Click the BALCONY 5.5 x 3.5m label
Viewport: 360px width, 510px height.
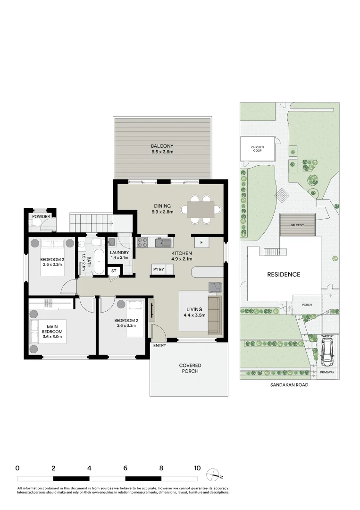[162, 149]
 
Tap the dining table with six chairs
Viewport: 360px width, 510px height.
[203, 209]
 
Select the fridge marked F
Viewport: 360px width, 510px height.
[201, 242]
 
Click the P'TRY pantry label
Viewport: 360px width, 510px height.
[157, 270]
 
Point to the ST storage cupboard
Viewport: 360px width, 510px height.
[114, 271]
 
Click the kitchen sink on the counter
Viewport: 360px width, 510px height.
[163, 243]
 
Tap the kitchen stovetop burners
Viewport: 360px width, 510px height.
[142, 243]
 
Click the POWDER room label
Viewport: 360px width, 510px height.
[41, 217]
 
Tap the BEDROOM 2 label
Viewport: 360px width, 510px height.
[125, 323]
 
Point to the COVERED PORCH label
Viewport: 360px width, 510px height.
[190, 368]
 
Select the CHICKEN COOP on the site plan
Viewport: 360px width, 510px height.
[258, 149]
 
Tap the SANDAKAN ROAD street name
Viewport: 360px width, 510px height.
[289, 385]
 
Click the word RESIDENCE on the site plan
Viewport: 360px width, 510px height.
[284, 274]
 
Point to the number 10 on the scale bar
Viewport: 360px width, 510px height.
[197, 468]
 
